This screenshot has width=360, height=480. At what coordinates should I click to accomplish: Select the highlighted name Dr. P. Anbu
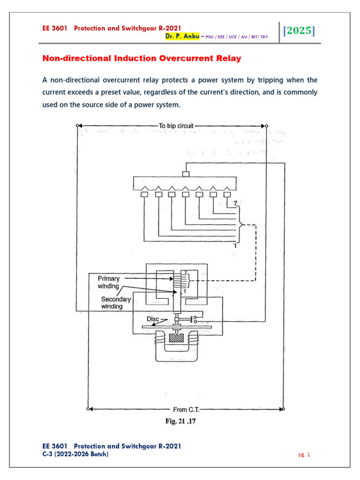click(183, 37)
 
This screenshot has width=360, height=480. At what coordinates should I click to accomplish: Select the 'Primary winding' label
click(109, 282)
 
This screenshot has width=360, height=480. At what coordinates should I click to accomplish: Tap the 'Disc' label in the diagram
click(153, 319)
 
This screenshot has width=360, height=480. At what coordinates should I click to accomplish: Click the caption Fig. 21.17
click(180, 421)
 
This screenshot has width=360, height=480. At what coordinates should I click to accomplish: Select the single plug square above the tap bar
click(186, 174)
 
